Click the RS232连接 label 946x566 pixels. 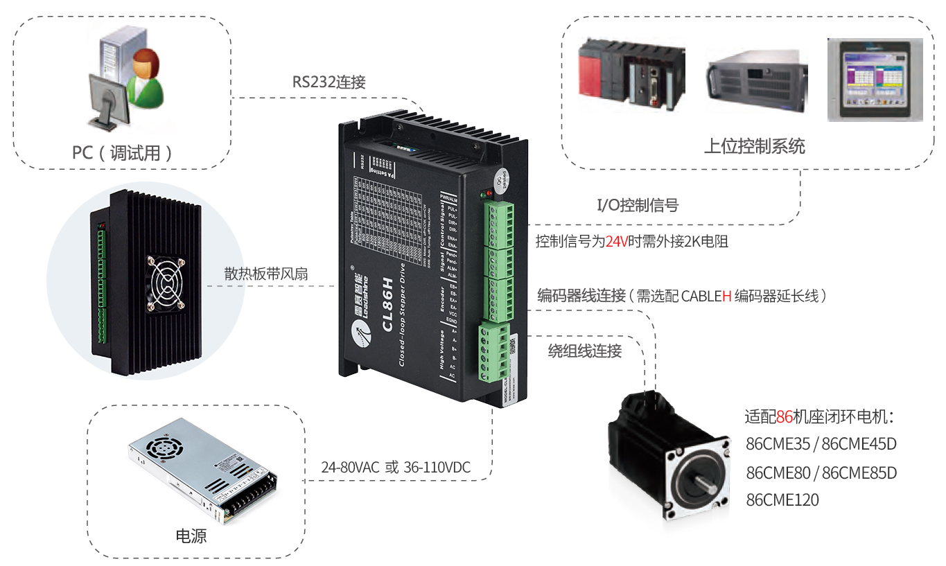click(x=329, y=82)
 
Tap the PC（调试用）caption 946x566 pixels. click(x=122, y=152)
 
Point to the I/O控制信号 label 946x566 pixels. click(x=638, y=204)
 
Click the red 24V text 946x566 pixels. click(x=616, y=242)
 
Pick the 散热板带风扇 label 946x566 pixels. click(x=266, y=274)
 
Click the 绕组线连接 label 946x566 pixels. click(x=585, y=351)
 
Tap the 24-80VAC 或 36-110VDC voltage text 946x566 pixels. click(x=396, y=468)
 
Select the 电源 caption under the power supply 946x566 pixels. click(x=191, y=536)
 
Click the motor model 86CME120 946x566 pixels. click(x=782, y=499)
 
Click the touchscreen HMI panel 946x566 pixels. click(x=875, y=80)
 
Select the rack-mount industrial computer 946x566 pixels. click(x=757, y=80)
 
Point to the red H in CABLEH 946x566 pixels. click(x=727, y=296)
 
